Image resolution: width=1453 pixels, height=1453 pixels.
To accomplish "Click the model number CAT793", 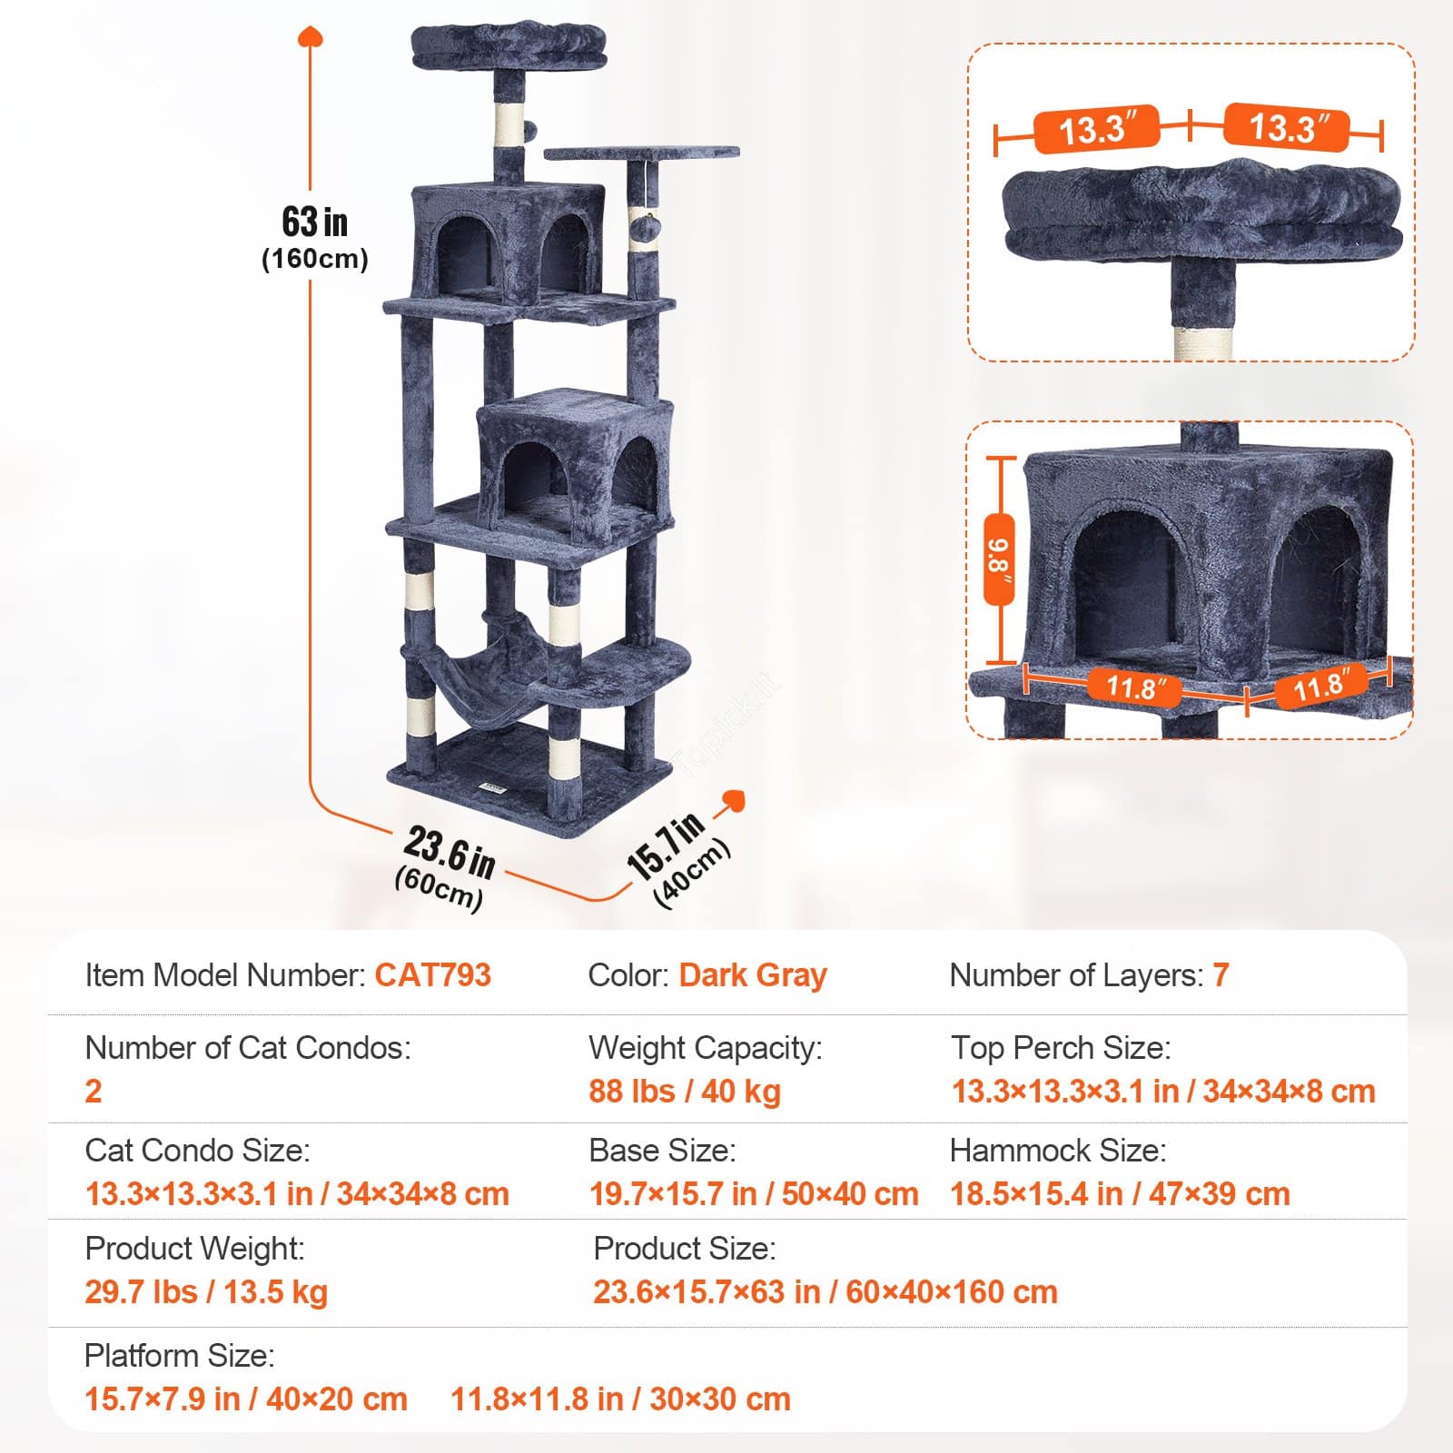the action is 433,975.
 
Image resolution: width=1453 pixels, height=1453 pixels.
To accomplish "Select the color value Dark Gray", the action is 753,975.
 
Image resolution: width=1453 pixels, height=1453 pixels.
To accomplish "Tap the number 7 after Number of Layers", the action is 1221,975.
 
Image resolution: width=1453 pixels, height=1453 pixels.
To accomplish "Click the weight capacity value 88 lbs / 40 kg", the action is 685,1091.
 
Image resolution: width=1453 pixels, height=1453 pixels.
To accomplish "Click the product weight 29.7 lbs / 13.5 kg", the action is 206,1291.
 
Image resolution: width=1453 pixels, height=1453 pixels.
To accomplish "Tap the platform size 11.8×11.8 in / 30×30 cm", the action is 621,1399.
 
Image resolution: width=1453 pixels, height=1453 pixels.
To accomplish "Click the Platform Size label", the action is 179,1356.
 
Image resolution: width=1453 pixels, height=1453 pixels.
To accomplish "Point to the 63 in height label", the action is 314,222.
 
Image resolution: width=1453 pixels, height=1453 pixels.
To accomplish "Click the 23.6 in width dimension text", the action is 450,854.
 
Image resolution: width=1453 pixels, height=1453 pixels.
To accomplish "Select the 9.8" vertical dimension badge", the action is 1000,558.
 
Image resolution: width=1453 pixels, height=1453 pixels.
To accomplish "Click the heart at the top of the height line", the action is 311,37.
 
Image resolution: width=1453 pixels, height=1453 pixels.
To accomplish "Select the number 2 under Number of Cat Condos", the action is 94,1091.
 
